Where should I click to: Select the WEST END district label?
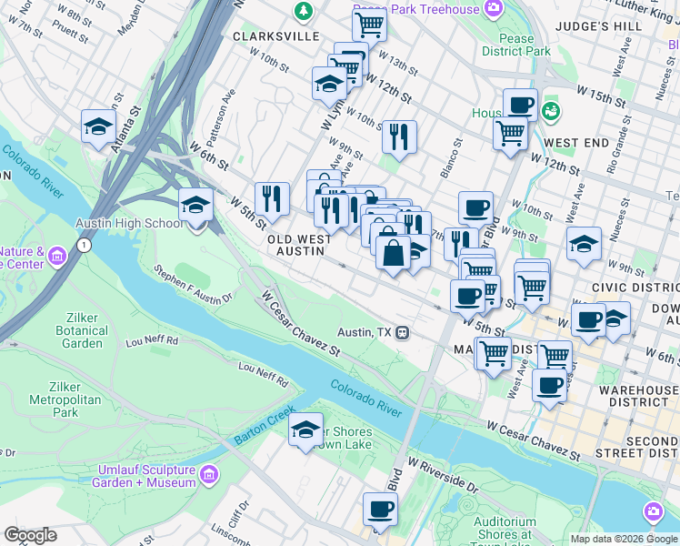click(575, 143)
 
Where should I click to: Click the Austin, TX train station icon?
click(402, 332)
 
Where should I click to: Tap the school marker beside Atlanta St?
click(98, 127)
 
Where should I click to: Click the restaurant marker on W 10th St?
click(399, 136)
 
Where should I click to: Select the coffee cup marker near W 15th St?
click(520, 105)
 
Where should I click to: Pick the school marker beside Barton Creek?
click(306, 430)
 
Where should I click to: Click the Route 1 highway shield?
click(83, 246)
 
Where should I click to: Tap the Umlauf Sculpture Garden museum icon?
click(208, 475)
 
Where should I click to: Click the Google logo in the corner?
click(30, 535)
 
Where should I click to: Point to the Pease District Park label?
click(525, 45)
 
